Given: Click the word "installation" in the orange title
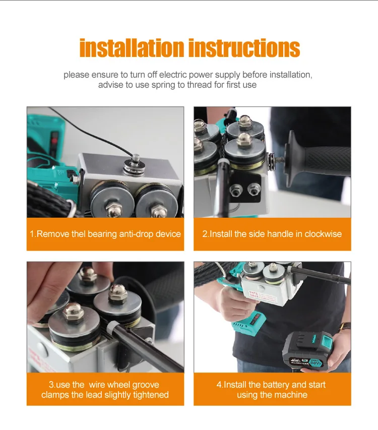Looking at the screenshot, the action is point(132,48).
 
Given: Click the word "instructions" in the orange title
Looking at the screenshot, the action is point(244,48).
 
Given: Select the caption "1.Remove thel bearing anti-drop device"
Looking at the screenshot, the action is point(105,234).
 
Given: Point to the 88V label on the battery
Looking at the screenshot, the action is point(316,362).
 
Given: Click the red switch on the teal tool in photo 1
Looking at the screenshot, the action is point(54,141).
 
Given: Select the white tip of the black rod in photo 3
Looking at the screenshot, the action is point(111,327).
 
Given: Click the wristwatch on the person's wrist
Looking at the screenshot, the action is point(345,326).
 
